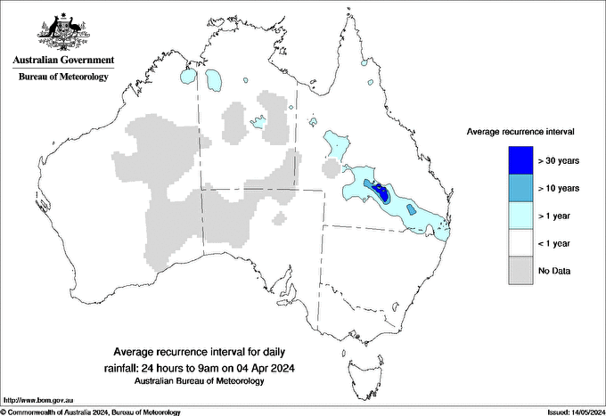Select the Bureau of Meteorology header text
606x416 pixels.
63,77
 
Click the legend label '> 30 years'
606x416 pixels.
559,161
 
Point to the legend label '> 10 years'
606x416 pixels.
559,189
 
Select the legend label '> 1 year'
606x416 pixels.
556,216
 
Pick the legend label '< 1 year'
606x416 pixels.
556,243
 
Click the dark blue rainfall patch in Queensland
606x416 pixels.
381,190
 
